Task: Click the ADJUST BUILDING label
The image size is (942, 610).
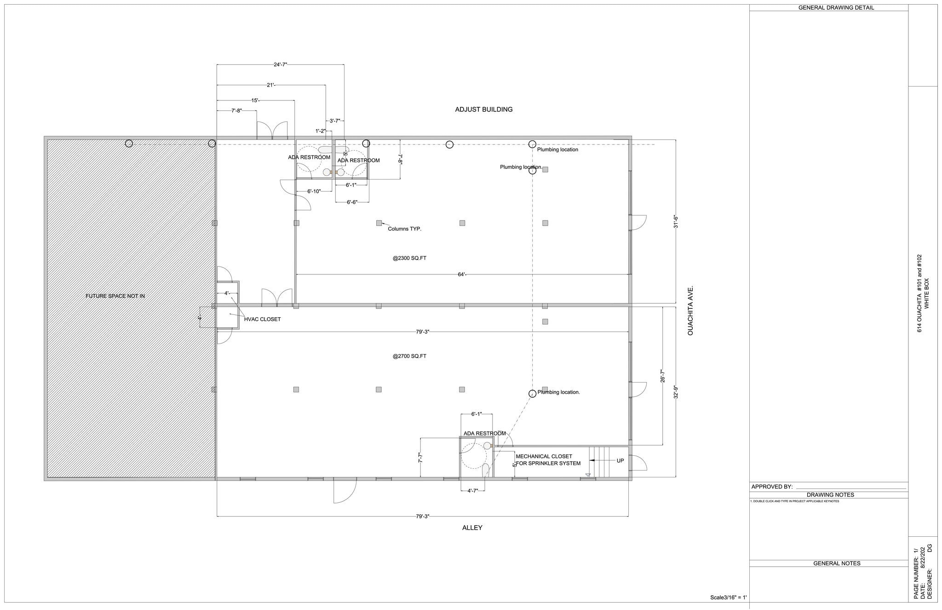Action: click(483, 110)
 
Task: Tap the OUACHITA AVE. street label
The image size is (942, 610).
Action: click(690, 311)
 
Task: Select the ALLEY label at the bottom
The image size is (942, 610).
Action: click(472, 528)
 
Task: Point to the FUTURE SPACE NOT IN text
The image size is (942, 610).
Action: click(115, 296)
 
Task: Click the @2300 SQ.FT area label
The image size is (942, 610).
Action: click(409, 258)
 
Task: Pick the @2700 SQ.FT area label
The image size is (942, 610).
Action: click(409, 356)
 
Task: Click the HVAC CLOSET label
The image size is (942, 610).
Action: click(262, 320)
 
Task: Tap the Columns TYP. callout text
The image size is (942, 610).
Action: click(404, 229)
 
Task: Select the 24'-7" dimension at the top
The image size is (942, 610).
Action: click(280, 65)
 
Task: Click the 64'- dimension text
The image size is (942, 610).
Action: click(462, 275)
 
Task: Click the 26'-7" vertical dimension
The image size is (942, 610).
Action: click(663, 376)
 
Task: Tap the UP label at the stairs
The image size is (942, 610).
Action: click(620, 461)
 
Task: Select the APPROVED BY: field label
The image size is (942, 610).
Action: click(772, 487)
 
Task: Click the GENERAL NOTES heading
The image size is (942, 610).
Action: click(837, 564)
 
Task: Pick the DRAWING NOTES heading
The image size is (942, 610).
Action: click(830, 495)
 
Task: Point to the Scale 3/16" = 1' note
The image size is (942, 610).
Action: click(728, 598)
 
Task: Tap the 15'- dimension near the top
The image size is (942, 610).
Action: click(255, 101)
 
